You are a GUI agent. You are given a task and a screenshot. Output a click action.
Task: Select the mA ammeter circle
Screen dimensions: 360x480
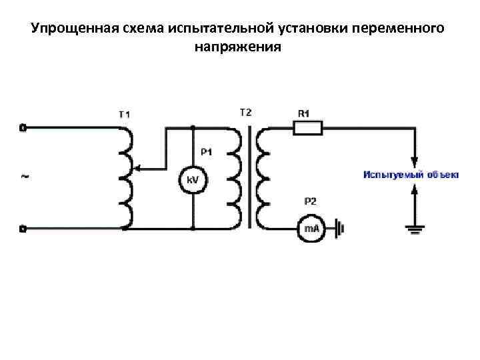pos(311,229)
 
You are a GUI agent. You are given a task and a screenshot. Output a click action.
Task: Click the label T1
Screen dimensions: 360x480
pos(125,114)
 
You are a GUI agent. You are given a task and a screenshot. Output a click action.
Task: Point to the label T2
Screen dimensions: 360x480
pos(245,112)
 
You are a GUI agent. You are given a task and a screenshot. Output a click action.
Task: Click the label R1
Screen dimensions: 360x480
pos(303,113)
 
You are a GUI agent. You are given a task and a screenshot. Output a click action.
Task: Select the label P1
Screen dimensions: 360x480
pos(206,152)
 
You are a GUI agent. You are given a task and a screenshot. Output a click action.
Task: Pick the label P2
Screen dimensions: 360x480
pos(311,201)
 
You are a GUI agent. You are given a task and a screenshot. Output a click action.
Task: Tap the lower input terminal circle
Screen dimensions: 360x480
pos(23,229)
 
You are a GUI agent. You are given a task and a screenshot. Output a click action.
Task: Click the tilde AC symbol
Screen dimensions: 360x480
pos(25,177)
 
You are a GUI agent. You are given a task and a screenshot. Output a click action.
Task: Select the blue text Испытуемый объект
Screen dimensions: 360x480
pos(411,175)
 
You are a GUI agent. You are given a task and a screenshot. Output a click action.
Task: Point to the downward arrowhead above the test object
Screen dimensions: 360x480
pos(415,162)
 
